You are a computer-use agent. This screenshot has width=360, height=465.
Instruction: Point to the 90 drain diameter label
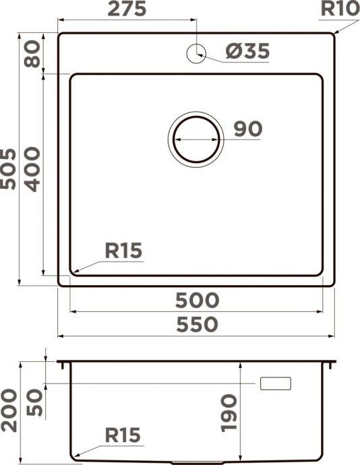247,129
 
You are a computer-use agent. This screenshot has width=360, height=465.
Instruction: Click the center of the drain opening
196,138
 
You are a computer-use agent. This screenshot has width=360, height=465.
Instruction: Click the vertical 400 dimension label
31,169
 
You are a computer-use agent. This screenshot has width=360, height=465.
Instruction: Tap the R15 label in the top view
123,251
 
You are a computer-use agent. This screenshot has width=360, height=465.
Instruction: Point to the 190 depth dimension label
229,412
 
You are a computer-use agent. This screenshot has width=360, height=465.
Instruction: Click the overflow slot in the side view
276,383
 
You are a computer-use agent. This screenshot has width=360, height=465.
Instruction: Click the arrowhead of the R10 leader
334,32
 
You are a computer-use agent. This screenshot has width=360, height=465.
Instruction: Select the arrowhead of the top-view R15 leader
73,272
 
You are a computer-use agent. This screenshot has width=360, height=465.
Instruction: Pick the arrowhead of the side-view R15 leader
73,459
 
